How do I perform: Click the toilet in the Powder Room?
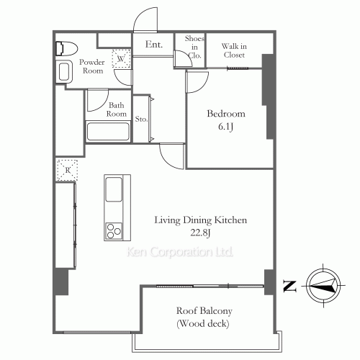[x=67, y=49]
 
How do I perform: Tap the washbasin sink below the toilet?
[x=64, y=71]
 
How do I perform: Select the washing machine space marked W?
[x=121, y=58]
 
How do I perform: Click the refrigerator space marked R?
[x=68, y=170]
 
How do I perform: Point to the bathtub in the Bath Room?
[x=108, y=132]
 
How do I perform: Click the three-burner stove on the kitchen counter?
[x=114, y=231]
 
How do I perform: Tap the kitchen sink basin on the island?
[x=114, y=189]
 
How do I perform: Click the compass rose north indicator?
[x=323, y=285]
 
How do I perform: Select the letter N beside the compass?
[x=289, y=286]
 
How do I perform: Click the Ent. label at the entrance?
[x=154, y=44]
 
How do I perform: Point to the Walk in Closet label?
[x=234, y=50]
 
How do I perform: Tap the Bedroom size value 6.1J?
[x=225, y=127]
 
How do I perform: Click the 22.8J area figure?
[x=200, y=233]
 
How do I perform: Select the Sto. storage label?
[x=141, y=119]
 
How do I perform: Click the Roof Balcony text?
[x=204, y=311]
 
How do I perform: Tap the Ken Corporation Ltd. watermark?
[x=180, y=252]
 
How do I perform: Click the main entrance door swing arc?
[x=140, y=15]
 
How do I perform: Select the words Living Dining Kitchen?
[x=200, y=220]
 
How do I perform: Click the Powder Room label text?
[x=92, y=66]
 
